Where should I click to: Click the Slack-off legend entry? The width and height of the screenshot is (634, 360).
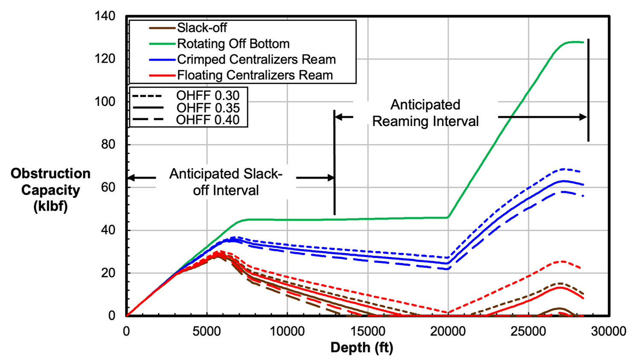click(202, 28)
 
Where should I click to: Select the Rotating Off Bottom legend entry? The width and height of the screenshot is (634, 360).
click(233, 44)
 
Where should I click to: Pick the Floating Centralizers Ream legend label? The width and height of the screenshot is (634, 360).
click(255, 75)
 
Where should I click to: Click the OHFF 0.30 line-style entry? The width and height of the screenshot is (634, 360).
click(208, 96)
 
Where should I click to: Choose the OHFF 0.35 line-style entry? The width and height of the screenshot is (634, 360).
click(208, 108)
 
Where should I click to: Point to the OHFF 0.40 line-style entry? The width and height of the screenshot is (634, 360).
click(208, 120)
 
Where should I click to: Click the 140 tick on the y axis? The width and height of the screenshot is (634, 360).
click(105, 16)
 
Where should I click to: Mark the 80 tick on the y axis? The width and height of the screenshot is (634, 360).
click(108, 144)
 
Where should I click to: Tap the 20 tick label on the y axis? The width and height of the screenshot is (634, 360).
click(108, 273)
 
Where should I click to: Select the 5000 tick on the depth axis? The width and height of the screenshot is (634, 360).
click(207, 331)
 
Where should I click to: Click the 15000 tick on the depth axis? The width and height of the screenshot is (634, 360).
click(368, 331)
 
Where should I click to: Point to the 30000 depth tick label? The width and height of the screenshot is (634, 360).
click(608, 331)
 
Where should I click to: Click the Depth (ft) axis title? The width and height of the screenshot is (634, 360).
click(362, 348)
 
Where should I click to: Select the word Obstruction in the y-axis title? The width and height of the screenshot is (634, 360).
click(50, 173)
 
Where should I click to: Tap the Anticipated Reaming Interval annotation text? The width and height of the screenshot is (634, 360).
click(425, 113)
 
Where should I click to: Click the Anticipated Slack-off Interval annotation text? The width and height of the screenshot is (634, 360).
click(226, 182)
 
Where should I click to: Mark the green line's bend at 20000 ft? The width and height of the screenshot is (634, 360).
click(448, 217)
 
